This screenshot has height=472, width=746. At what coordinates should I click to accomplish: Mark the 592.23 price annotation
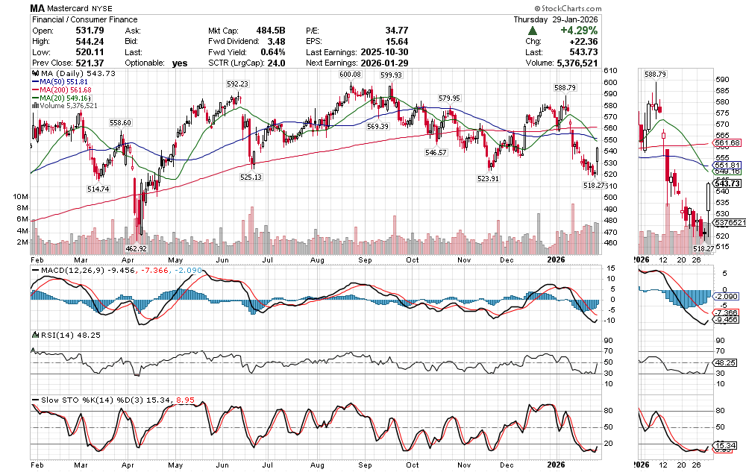[x=237, y=84]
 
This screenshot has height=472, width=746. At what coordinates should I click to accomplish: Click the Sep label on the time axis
[x=366, y=260]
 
